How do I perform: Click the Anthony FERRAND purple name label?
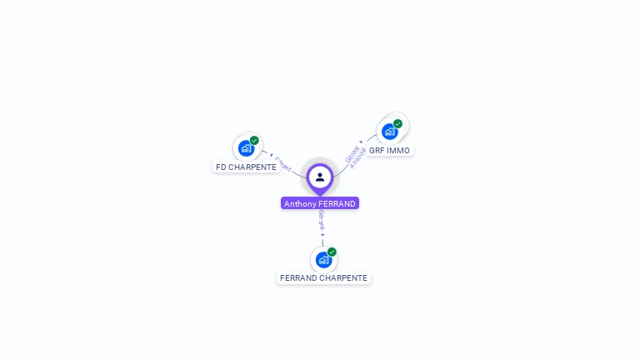(320, 203)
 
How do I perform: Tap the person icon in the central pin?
(320, 177)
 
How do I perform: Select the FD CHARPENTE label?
(246, 167)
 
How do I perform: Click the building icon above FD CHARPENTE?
(245, 148)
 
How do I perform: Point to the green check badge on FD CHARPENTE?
(254, 141)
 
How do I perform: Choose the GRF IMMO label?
(389, 150)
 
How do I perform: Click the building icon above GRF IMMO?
(389, 131)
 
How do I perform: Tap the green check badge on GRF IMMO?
(398, 124)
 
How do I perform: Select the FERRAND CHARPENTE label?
(323, 277)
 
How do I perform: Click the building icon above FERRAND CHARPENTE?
(323, 259)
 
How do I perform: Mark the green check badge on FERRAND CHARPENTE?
(332, 252)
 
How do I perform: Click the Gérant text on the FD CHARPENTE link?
(283, 164)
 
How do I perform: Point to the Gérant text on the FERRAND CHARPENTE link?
(322, 219)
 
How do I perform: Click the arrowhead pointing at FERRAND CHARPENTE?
(322, 235)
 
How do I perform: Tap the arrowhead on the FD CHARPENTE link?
(272, 155)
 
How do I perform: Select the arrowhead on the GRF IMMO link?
(362, 142)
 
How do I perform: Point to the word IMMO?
(399, 150)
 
